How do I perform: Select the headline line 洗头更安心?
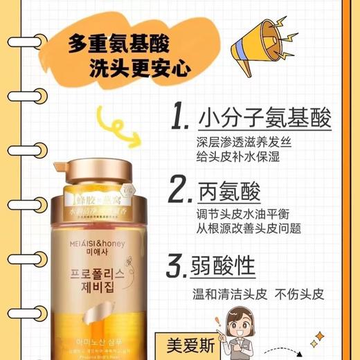[x=145, y=68]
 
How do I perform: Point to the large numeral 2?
[x=181, y=188]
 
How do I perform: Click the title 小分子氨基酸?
[x=263, y=118]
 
